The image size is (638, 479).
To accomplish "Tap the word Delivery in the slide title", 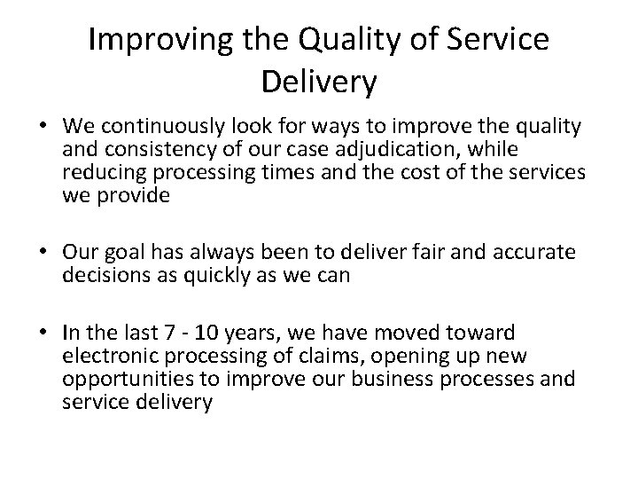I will [x=319, y=83].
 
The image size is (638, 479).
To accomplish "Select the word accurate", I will [x=531, y=253].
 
